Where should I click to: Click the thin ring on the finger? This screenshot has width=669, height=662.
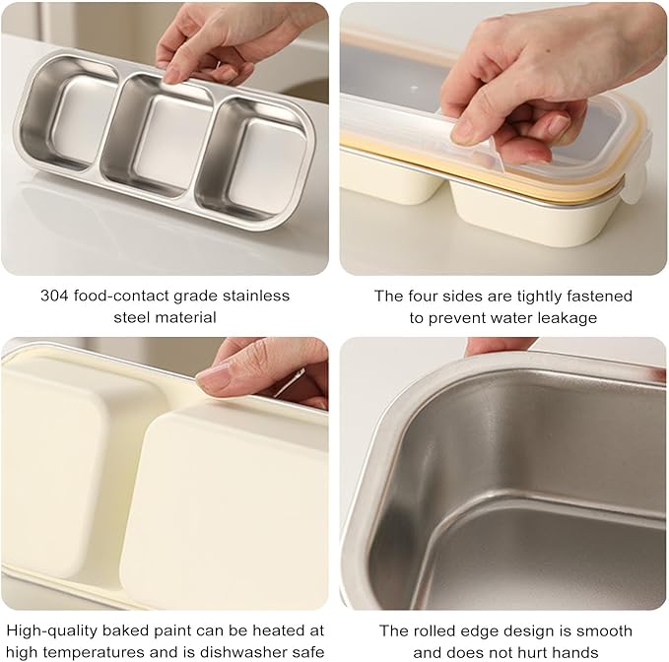click(288, 384)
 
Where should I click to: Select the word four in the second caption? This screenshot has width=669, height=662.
click(419, 296)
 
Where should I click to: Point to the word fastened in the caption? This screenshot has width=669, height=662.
click(601, 296)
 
